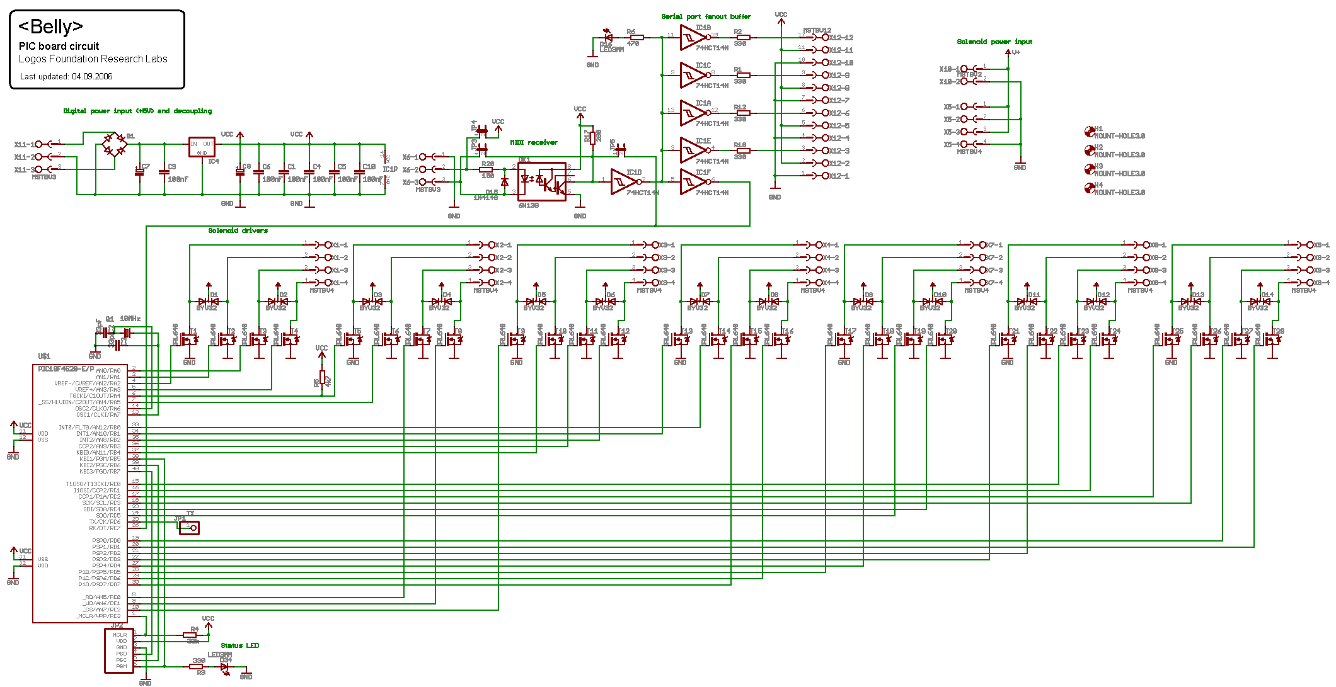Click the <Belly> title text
50,26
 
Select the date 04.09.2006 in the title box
92,77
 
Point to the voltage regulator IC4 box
202,147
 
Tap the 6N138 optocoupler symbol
541,181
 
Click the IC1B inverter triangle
693,38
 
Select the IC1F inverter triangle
693,182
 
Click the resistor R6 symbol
636,38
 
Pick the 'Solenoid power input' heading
994,42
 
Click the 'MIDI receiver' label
534,142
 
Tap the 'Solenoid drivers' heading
238,230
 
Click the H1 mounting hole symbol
1089,132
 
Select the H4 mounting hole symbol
1089,188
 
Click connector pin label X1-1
339,245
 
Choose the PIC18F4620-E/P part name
66,369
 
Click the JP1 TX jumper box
189,528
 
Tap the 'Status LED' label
239,645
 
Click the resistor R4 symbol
190,635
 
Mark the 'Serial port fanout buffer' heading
706,16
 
